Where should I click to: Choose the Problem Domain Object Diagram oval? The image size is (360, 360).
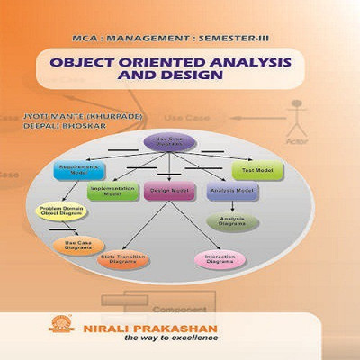coord(60,212)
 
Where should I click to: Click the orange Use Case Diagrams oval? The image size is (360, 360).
coord(74,246)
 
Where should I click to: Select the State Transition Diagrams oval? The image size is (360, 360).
coord(123,260)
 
